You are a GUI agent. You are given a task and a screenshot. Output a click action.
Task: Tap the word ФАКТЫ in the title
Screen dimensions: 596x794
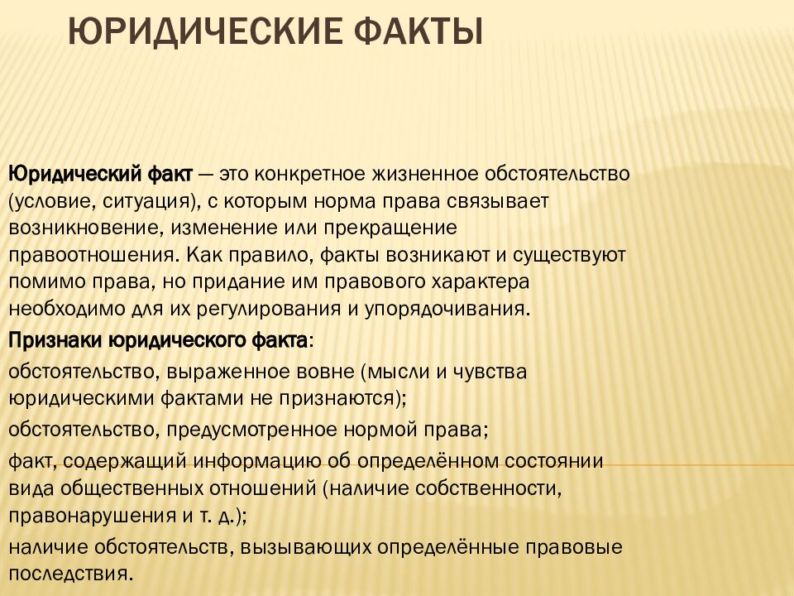[x=417, y=34]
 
